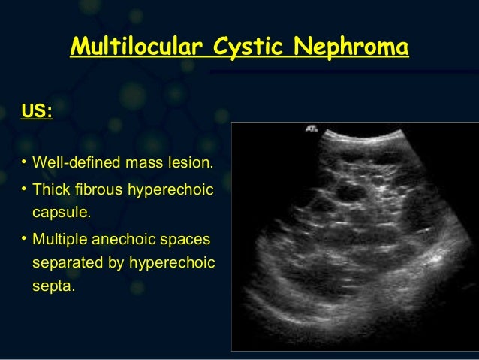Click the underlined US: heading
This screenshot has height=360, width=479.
(x=38, y=113)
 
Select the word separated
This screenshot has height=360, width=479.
(x=68, y=265)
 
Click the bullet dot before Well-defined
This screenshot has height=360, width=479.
(x=25, y=162)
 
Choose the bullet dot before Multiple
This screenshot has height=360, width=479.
(x=25, y=240)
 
